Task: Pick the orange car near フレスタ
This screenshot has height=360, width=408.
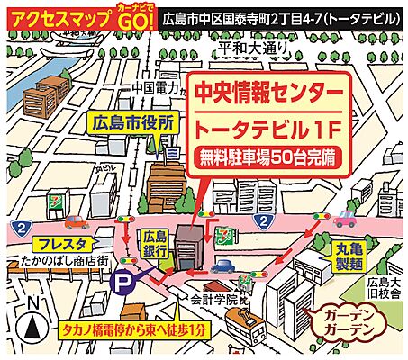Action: click(x=76, y=222)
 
